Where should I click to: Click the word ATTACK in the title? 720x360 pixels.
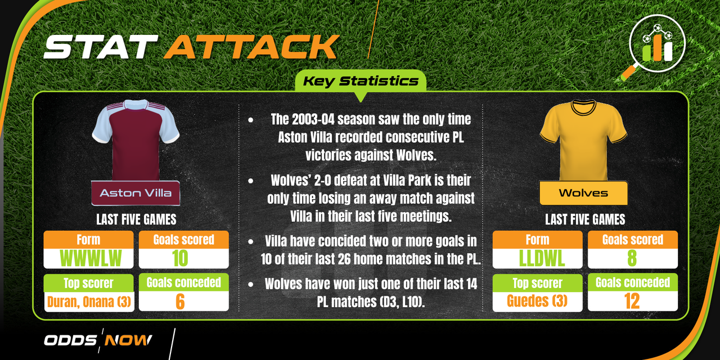pos(251,47)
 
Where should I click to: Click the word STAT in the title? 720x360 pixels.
pos(101,47)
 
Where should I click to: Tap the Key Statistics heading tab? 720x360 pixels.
pos(361,81)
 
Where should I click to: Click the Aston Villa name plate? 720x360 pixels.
pos(136,193)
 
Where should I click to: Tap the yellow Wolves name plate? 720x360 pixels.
pos(583,193)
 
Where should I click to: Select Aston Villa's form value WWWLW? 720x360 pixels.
pos(91,258)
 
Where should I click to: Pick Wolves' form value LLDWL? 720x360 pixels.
pos(542,258)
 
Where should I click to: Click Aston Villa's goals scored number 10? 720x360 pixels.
pos(180,258)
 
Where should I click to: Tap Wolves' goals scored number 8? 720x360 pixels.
pos(632,258)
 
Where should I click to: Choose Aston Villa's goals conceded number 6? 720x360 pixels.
pos(180,301)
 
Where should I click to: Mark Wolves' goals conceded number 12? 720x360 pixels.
pos(632,301)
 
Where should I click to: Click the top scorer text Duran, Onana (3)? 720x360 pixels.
pos(89,302)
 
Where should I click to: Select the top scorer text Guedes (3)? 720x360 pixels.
pos(537,301)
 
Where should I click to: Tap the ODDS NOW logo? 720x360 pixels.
pos(98,340)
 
